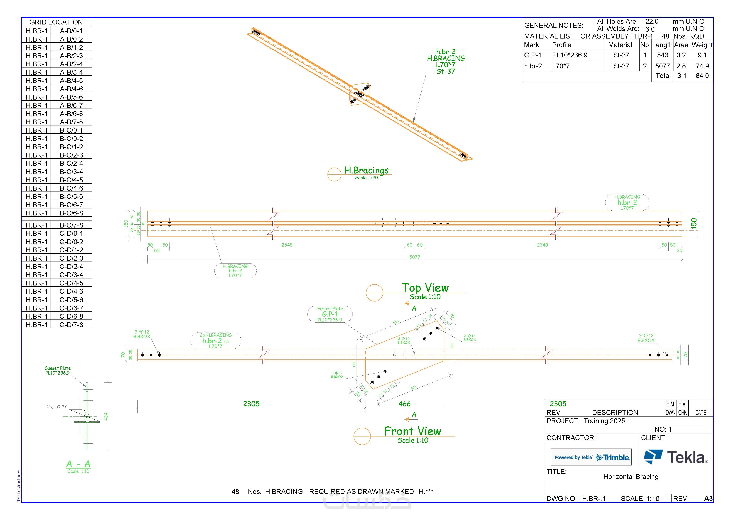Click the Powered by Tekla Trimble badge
(591, 457)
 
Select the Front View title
(412, 431)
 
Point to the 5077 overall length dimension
(415, 257)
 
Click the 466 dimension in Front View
(404, 404)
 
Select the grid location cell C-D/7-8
(71, 325)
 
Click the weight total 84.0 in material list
(702, 76)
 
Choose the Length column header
(662, 45)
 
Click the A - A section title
(78, 464)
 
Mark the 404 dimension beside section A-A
(106, 416)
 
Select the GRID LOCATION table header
(56, 22)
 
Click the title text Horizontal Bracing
(631, 477)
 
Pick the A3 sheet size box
(708, 499)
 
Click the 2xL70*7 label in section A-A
(57, 407)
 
